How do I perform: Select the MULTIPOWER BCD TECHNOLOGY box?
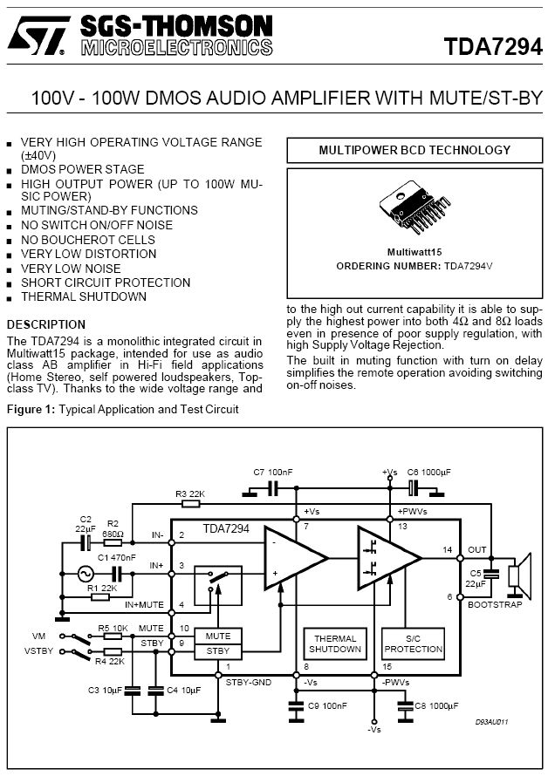coord(414,150)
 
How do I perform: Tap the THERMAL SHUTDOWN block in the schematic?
coord(335,644)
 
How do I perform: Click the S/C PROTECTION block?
coord(414,644)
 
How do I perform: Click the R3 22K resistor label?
coord(189,494)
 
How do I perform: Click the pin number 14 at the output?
coord(447,550)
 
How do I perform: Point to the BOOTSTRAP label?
coord(495,604)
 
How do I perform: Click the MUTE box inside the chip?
coord(217,636)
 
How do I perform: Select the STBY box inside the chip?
coord(217,650)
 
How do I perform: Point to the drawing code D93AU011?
coord(493,722)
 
